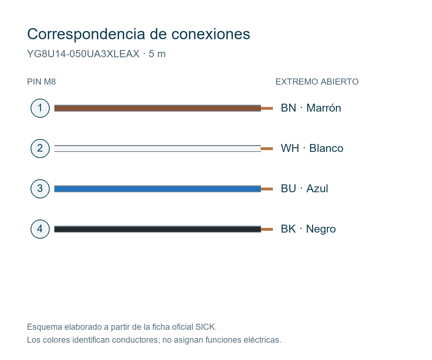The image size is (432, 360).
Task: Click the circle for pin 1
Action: pyautogui.click(x=40, y=108)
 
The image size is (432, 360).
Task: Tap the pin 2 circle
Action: pyautogui.click(x=40, y=149)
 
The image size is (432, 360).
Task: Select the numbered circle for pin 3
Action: pyautogui.click(x=40, y=189)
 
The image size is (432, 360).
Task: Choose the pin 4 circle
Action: pyautogui.click(x=40, y=229)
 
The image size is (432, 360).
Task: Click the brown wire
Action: pyautogui.click(x=157, y=108)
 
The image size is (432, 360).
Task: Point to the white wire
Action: pyautogui.click(x=157, y=149)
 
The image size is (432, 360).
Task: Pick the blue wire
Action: pyautogui.click(x=157, y=189)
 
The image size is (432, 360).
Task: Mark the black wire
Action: pyautogui.click(x=157, y=229)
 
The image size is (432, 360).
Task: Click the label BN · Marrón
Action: pyautogui.click(x=311, y=108)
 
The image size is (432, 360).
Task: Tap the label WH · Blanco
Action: pyautogui.click(x=312, y=148)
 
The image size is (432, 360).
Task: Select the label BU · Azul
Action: pyautogui.click(x=304, y=189)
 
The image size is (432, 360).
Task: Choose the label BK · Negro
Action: pyautogui.click(x=308, y=229)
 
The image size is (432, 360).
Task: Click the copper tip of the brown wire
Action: pyautogui.click(x=267, y=108)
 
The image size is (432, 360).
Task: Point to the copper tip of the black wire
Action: pyautogui.click(x=267, y=229)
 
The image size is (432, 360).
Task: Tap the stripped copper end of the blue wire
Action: pyautogui.click(x=267, y=189)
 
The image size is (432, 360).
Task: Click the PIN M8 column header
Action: pyautogui.click(x=41, y=82)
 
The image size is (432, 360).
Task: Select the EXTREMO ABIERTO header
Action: pyautogui.click(x=317, y=82)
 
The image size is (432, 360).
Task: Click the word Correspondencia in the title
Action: pyautogui.click(x=86, y=34)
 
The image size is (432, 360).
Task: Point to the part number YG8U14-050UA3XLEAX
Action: pyautogui.click(x=84, y=54)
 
